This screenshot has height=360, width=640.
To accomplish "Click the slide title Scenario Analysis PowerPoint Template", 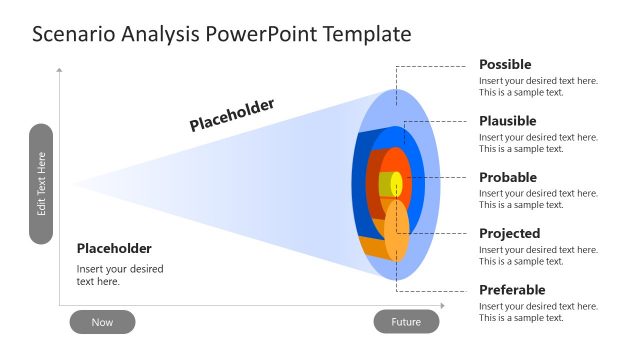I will coord(221,34).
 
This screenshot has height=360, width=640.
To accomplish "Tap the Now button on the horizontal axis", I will coord(102,322).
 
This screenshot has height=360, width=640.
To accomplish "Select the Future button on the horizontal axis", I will coord(406,322).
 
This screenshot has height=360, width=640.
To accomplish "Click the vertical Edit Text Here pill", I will coord(41,184).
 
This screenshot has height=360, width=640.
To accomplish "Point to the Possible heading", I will coord(505,65).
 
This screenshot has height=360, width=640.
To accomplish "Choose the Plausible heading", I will coord(507,121).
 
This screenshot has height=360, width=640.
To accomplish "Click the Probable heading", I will coord(507,177).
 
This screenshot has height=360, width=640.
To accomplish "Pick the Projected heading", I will coord(509,233).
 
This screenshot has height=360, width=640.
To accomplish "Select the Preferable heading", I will coord(512,290).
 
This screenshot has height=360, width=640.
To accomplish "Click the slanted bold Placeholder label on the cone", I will coord(232,115).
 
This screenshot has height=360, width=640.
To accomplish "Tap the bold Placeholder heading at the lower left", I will coord(114,248).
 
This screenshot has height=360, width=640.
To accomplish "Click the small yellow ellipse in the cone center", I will coord(396,184).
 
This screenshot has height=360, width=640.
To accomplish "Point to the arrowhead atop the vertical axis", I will coord(60,70).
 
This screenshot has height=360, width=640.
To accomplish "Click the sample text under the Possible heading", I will coord(538,86).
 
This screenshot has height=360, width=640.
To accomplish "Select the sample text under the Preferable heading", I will coord(538,312).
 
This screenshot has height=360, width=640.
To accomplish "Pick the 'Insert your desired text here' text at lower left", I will coord(120,275).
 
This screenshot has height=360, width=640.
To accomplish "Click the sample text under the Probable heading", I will coord(538,199).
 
